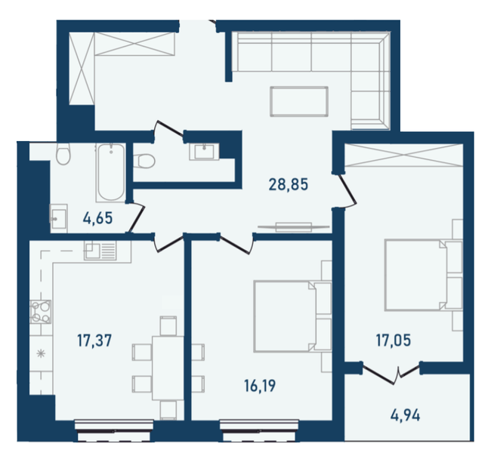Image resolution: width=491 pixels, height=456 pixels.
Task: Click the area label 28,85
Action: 290,183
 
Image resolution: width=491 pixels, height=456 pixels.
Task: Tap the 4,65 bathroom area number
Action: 97,220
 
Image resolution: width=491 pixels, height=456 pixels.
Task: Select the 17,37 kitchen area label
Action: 95,341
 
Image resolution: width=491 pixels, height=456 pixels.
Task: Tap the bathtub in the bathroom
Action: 110,171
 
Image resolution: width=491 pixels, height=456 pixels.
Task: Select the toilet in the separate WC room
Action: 146,160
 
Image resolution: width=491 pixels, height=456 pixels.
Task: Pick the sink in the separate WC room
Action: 204,151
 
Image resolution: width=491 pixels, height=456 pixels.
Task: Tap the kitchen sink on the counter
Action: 97,251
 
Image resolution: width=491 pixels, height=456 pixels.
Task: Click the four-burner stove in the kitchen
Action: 39,311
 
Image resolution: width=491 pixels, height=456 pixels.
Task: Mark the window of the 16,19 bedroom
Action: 249,433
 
